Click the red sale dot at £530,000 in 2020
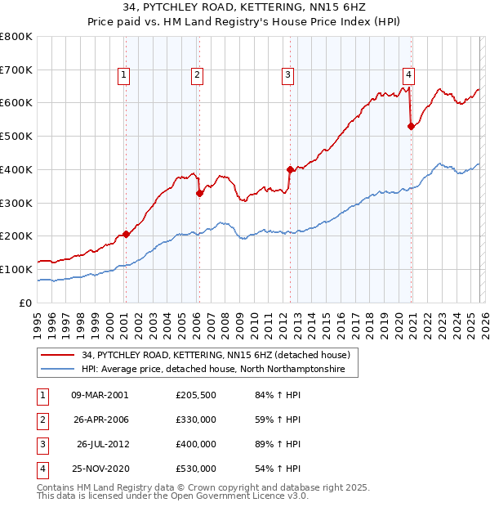411,126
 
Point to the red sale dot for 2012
290,169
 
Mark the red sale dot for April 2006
199,193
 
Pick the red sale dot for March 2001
126,234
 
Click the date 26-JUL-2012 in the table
102,444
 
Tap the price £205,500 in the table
196,395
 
